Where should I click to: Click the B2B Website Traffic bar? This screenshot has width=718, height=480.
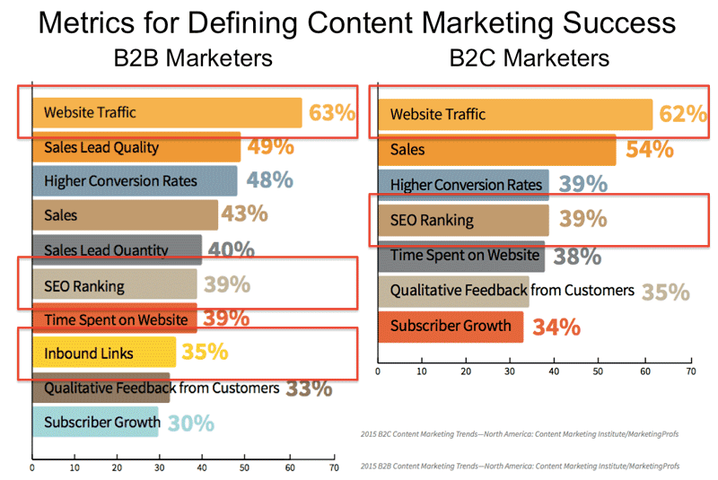pyautogui.click(x=167, y=113)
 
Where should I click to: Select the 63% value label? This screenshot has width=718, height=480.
pyautogui.click(x=332, y=113)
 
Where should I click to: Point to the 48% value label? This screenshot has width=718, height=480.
pyautogui.click(x=269, y=180)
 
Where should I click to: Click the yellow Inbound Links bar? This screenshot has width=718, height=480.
pyautogui.click(x=104, y=353)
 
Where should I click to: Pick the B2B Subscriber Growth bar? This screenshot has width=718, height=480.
pyautogui.click(x=95, y=422)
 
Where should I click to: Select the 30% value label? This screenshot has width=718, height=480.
pyautogui.click(x=190, y=422)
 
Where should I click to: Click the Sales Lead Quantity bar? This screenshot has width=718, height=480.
pyautogui.click(x=117, y=249)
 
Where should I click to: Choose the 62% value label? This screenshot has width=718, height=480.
pyautogui.click(x=684, y=114)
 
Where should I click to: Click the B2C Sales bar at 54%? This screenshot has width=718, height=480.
pyautogui.click(x=497, y=149)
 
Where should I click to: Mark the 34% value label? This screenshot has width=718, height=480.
pyautogui.click(x=556, y=327)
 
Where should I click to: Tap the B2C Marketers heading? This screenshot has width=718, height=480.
pyautogui.click(x=529, y=59)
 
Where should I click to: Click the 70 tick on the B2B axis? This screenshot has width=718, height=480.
pyautogui.click(x=334, y=467)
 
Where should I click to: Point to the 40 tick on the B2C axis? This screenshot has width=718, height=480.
pyautogui.click(x=555, y=369)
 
